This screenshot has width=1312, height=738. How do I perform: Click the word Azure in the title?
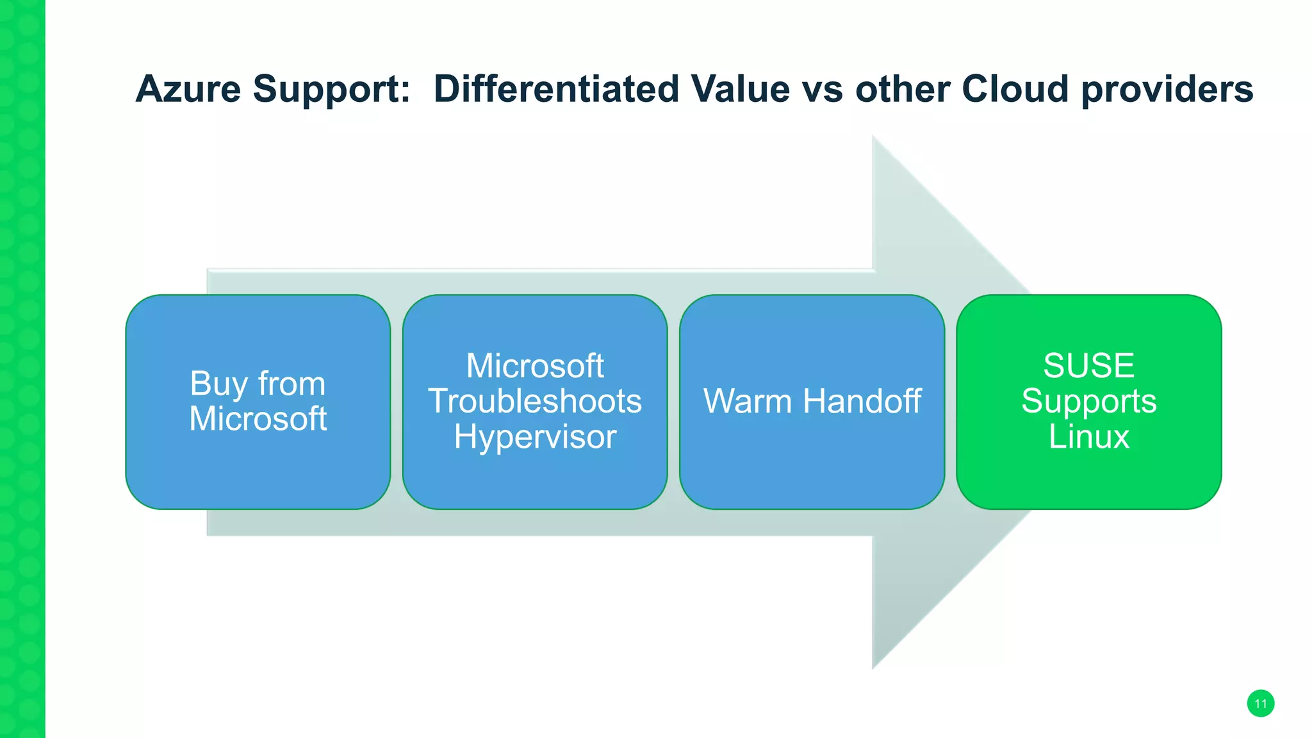(x=188, y=89)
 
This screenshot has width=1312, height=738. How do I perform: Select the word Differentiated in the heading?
(x=556, y=89)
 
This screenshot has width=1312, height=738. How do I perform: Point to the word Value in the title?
(x=740, y=89)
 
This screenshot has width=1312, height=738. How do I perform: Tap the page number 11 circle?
(x=1260, y=703)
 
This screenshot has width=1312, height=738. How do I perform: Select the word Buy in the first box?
(x=218, y=384)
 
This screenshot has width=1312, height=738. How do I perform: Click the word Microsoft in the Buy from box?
(x=258, y=419)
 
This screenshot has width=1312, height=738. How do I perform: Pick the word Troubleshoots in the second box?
(x=535, y=402)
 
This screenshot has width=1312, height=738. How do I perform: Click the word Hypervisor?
(x=535, y=438)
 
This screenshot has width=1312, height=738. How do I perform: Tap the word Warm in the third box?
(x=748, y=402)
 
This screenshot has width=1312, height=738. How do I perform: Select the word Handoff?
(x=862, y=402)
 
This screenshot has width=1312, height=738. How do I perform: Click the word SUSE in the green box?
(x=1088, y=366)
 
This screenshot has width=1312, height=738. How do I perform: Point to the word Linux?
(x=1088, y=437)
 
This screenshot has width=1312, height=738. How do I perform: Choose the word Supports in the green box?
(x=1088, y=402)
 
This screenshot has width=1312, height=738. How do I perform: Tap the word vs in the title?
(x=826, y=89)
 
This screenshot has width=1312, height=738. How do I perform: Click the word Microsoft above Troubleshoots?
(x=535, y=366)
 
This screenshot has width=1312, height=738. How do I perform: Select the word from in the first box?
(x=291, y=384)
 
